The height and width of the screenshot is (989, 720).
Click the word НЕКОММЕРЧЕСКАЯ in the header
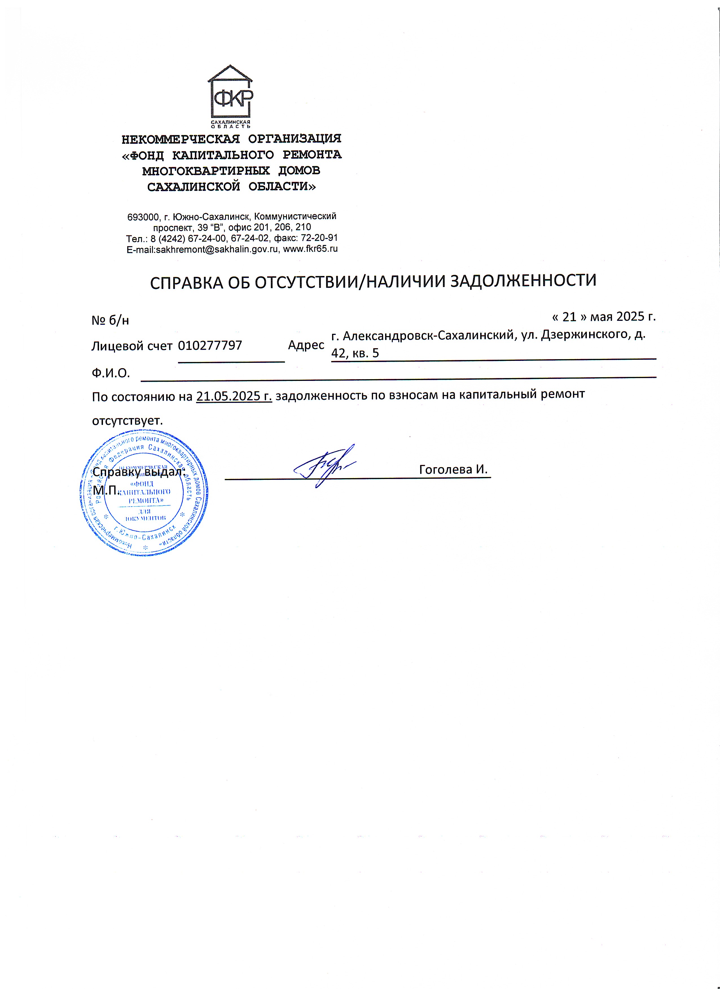181,139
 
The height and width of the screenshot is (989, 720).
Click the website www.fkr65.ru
310,249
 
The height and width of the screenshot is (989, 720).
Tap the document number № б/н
110,321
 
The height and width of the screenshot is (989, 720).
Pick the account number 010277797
210,345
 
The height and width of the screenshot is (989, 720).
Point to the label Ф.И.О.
111,373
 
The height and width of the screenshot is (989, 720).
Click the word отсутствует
127,421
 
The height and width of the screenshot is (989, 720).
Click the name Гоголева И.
453,469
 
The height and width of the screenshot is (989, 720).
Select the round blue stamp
144,493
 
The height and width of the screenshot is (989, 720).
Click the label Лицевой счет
132,346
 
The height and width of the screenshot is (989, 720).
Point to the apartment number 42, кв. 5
355,353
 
